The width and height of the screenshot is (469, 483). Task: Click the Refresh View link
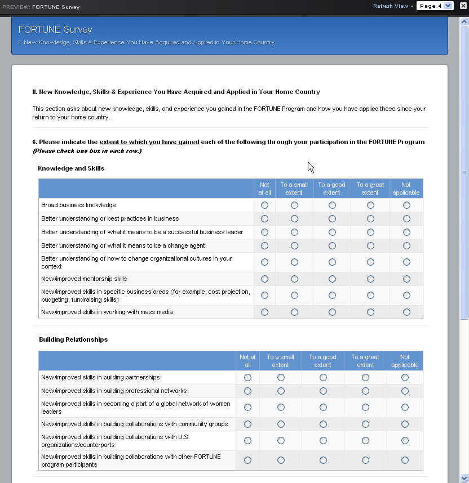[x=390, y=6]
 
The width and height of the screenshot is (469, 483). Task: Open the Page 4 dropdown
[x=435, y=6]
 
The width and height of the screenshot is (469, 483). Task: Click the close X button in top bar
[x=463, y=6]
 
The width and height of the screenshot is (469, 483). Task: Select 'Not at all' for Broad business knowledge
[x=264, y=205]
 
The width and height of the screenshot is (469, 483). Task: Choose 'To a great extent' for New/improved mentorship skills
[x=370, y=279]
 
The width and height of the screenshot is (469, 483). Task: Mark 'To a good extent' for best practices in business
[x=332, y=219]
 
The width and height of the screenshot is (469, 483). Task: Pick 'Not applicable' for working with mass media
[x=406, y=312]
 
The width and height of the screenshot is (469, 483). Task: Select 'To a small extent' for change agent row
[x=294, y=246]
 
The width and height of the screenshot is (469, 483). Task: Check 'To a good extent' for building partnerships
[x=323, y=378]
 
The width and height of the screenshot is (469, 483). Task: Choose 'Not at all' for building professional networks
[x=247, y=391]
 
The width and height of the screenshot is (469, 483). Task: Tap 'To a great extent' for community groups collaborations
[x=365, y=424]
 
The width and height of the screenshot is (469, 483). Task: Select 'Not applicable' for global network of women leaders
[x=405, y=408]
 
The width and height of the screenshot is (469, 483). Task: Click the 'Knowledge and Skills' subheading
[x=71, y=168]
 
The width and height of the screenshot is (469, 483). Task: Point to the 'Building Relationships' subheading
[x=73, y=339]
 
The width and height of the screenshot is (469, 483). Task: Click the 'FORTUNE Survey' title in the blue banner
[x=55, y=29]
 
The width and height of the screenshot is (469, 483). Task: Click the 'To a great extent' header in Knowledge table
[x=370, y=189]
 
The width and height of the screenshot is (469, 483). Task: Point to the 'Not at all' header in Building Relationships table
[x=247, y=361]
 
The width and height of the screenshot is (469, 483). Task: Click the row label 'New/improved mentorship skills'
[x=84, y=279]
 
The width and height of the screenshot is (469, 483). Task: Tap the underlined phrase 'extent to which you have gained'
[x=149, y=142]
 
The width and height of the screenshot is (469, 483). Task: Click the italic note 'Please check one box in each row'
[x=87, y=151]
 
